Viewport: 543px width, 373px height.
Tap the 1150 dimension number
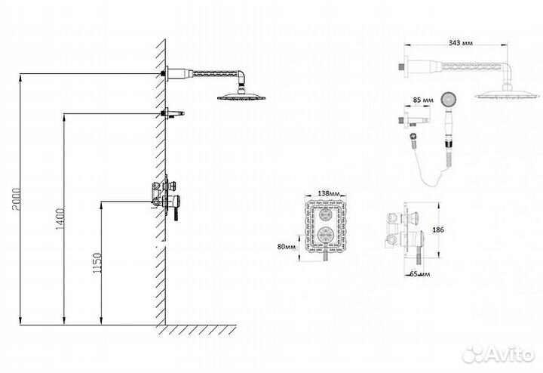[97, 262]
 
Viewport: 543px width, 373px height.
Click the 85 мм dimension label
[424, 100]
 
